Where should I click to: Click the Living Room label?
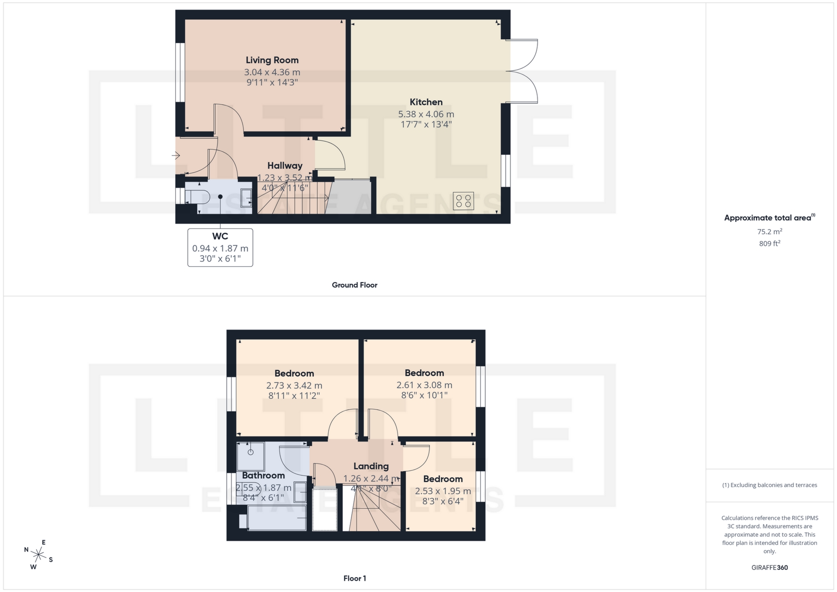pyautogui.click(x=272, y=60)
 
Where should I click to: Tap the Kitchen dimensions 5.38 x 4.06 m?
pyautogui.click(x=426, y=114)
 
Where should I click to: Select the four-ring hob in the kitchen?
pyautogui.click(x=463, y=201)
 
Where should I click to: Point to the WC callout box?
pyautogui.click(x=220, y=247)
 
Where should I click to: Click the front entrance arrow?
pyautogui.click(x=176, y=155)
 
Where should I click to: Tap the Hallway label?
pyautogui.click(x=285, y=166)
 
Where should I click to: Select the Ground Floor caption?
pyautogui.click(x=354, y=285)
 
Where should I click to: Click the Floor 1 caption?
pyautogui.click(x=354, y=578)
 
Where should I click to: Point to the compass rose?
pyautogui.click(x=39, y=555)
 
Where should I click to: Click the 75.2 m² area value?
pyautogui.click(x=769, y=231)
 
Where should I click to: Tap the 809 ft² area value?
pyautogui.click(x=769, y=244)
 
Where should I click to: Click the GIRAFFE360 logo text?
pyautogui.click(x=769, y=568)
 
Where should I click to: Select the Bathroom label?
pyautogui.click(x=263, y=476)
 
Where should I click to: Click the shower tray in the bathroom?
pyautogui.click(x=251, y=456)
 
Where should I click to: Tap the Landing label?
pyautogui.click(x=371, y=466)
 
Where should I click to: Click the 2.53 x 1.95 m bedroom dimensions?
pyautogui.click(x=443, y=491)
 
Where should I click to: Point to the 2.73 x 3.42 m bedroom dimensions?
pyautogui.click(x=294, y=385)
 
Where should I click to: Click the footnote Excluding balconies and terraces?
pyautogui.click(x=769, y=485)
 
